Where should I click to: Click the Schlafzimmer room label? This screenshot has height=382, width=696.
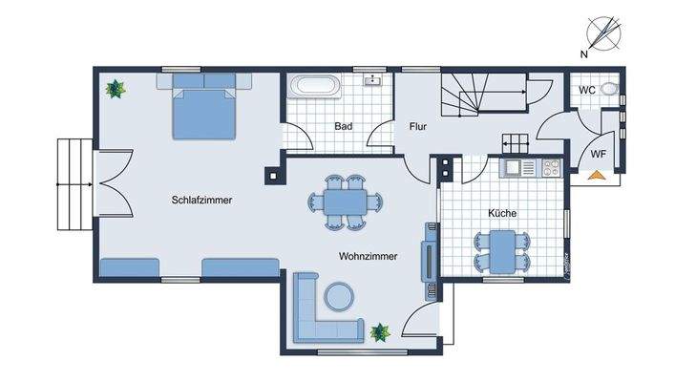click(202, 200)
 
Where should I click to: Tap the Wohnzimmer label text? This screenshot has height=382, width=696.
click(368, 256)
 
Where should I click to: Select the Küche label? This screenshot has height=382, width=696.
click(502, 213)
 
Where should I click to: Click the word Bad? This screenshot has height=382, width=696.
click(345, 126)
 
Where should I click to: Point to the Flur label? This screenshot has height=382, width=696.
click(418, 126)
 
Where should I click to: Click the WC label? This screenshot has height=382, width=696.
click(587, 90)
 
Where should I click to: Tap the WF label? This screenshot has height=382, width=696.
click(598, 153)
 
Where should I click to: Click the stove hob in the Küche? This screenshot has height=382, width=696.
click(551, 167)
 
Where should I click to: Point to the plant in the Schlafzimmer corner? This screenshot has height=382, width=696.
click(116, 90)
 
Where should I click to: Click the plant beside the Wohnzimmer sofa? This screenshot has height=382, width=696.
click(381, 331)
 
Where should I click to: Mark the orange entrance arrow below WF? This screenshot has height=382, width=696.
click(597, 175)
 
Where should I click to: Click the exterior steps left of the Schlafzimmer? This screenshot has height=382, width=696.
click(74, 183)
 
